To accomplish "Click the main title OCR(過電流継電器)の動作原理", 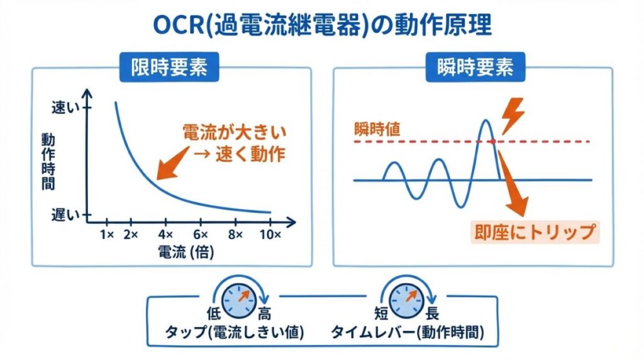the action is (322, 25).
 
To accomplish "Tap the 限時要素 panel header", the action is (169, 67).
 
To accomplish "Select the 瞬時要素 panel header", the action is (475, 67).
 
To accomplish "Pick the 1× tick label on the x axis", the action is (107, 235).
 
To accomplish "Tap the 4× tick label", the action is (165, 235).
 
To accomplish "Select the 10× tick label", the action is (270, 235).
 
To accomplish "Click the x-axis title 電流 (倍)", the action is (186, 252).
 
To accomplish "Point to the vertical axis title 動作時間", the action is (48, 162).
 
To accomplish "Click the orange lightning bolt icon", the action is (513, 116).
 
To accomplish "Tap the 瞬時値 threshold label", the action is (377, 130).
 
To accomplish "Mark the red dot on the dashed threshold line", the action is (492, 142).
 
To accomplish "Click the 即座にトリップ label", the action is (535, 232).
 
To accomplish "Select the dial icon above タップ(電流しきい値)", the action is (240, 300).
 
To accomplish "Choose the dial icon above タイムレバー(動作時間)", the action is (407, 300).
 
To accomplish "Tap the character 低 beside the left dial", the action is (214, 313).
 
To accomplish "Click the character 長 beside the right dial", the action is (431, 313).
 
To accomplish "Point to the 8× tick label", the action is (235, 235).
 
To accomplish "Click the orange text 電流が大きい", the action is (235, 132).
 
